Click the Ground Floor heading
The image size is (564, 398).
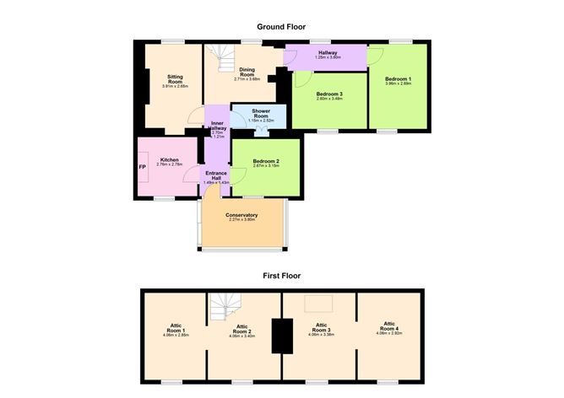tap(281, 27)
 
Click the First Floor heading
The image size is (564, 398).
tap(281, 276)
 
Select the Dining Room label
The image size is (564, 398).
tap(247, 73)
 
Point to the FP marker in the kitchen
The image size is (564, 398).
tap(143, 166)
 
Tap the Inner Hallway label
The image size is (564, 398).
tap(217, 129)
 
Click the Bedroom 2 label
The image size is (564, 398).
tap(265, 163)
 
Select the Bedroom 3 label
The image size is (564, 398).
tap(328, 96)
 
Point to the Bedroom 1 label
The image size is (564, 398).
tap(397, 81)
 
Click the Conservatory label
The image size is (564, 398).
tap(241, 218)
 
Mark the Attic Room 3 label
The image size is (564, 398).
tap(321, 328)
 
